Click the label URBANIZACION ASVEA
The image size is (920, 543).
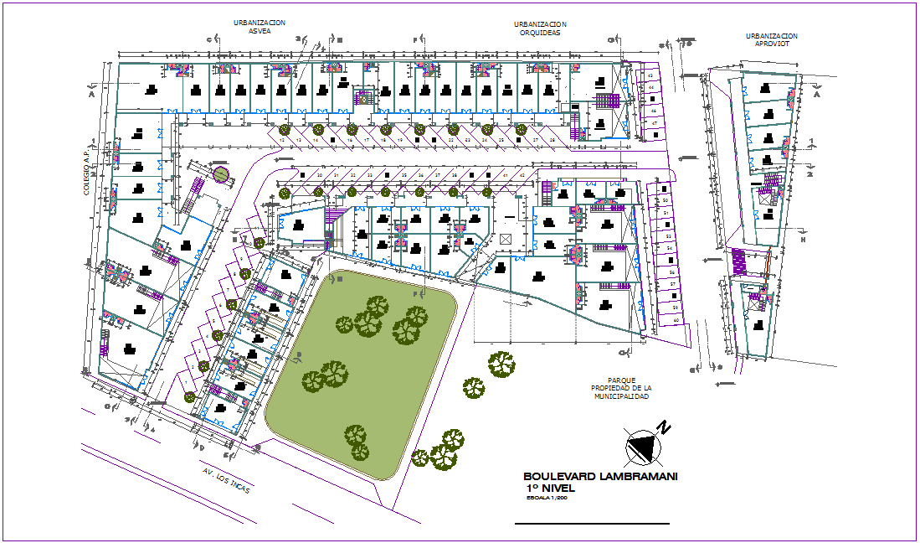pyautogui.click(x=260, y=26)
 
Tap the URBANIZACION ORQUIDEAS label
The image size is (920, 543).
pyautogui.click(x=540, y=28)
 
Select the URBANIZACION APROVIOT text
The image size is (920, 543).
pyautogui.click(x=771, y=40)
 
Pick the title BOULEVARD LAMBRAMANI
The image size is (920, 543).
pyautogui.click(x=599, y=476)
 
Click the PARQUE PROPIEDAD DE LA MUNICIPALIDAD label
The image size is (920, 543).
pyautogui.click(x=620, y=388)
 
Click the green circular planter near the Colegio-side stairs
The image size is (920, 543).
pyautogui.click(x=220, y=174)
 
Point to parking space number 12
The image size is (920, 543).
pyautogui.click(x=299, y=140)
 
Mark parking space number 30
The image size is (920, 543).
pyautogui.click(x=319, y=174)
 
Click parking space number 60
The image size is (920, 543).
pyautogui.click(x=676, y=320)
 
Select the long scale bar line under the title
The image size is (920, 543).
pyautogui.click(x=592, y=524)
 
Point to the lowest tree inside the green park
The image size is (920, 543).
pyautogui.click(x=358, y=452)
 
